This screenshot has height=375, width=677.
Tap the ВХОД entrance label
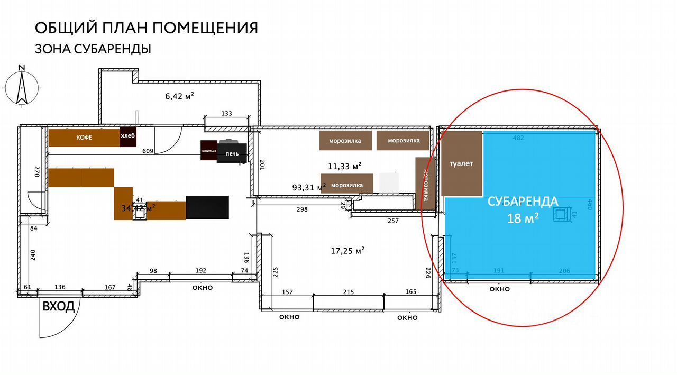point(58,307)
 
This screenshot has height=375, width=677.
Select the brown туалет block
point(462,163)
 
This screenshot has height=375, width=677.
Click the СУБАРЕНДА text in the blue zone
point(523,202)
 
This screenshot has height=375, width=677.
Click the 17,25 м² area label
point(347,251)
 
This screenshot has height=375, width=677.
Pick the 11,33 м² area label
point(345,166)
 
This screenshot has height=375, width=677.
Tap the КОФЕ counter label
point(84,138)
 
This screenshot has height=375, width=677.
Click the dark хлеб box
point(128,136)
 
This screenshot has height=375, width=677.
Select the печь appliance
point(232,153)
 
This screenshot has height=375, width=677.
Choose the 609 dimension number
point(148,151)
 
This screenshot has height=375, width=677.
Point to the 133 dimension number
point(227,114)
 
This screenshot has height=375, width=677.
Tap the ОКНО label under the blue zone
point(500,289)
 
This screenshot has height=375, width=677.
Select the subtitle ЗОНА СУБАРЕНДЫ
point(93,49)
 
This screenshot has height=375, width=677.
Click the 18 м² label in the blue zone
point(523,218)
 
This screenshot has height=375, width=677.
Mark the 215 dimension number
point(348,292)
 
